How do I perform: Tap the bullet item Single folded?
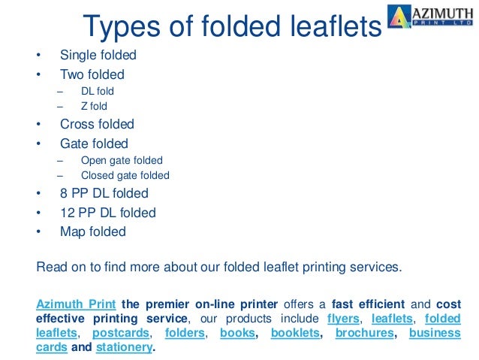pyautogui.click(x=98, y=56)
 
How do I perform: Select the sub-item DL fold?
pyautogui.click(x=97, y=91)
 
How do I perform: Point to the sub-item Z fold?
pyautogui.click(x=95, y=106)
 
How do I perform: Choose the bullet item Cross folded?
pyautogui.click(x=97, y=124)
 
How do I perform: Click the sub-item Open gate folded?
pyautogui.click(x=121, y=160)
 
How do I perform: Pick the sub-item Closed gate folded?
pyautogui.click(x=125, y=175)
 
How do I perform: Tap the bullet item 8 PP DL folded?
pyautogui.click(x=104, y=193)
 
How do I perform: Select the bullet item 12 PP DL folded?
pyautogui.click(x=107, y=213)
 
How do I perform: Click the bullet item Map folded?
pyautogui.click(x=92, y=231)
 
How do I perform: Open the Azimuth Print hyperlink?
pyautogui.click(x=75, y=304)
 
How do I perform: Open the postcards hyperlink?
pyautogui.click(x=121, y=332)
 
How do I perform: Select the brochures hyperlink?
pyautogui.click(x=364, y=332)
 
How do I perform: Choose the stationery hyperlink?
pyautogui.click(x=125, y=347)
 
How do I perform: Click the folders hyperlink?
pyautogui.click(x=184, y=332)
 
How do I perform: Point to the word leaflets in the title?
pyautogui.click(x=327, y=27)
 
